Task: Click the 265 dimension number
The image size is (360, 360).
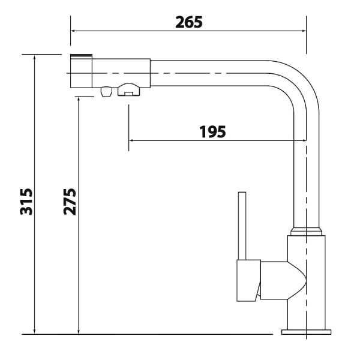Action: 188,22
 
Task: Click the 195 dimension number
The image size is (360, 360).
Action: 212,131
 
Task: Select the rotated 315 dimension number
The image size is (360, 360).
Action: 25,202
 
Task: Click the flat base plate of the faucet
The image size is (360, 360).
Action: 306,331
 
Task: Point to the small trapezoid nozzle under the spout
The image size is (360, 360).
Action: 106,92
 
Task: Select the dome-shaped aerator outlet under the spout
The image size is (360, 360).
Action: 129,90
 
